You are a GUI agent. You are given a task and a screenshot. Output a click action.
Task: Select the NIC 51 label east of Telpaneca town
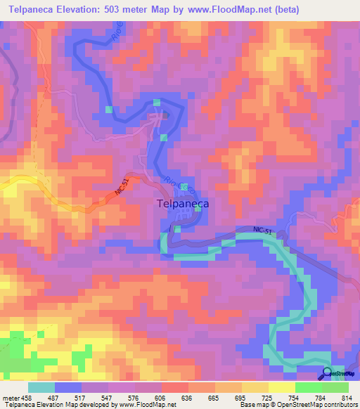(266, 231)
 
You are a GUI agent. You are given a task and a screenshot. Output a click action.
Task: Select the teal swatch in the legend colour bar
(41, 387)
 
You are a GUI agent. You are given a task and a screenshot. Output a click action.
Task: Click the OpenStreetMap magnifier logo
(327, 373)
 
